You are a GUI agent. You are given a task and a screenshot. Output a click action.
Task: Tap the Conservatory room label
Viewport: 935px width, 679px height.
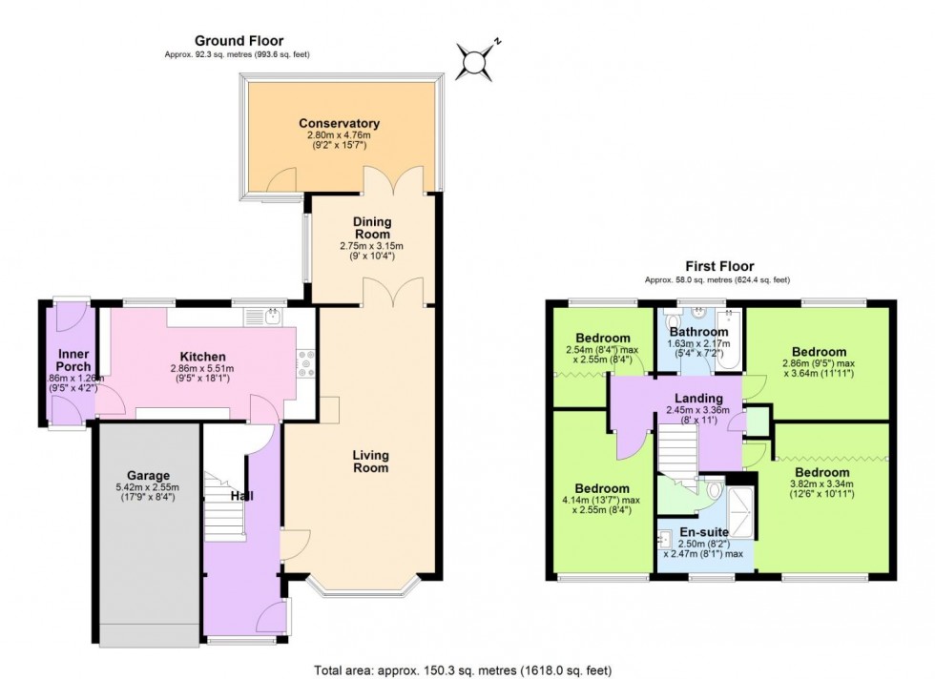(x=339, y=124)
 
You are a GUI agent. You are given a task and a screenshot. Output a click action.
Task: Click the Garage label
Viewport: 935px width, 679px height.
(x=148, y=475)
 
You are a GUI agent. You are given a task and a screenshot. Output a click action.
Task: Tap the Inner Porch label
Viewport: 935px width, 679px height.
(x=73, y=360)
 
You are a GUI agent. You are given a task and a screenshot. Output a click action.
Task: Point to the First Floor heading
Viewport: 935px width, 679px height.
(x=719, y=266)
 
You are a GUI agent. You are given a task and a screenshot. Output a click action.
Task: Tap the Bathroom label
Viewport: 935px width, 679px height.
(x=699, y=332)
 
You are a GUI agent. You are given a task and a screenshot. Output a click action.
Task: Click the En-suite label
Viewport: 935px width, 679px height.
(x=704, y=532)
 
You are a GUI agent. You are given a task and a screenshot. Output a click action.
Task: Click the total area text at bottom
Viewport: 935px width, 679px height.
(x=467, y=669)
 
